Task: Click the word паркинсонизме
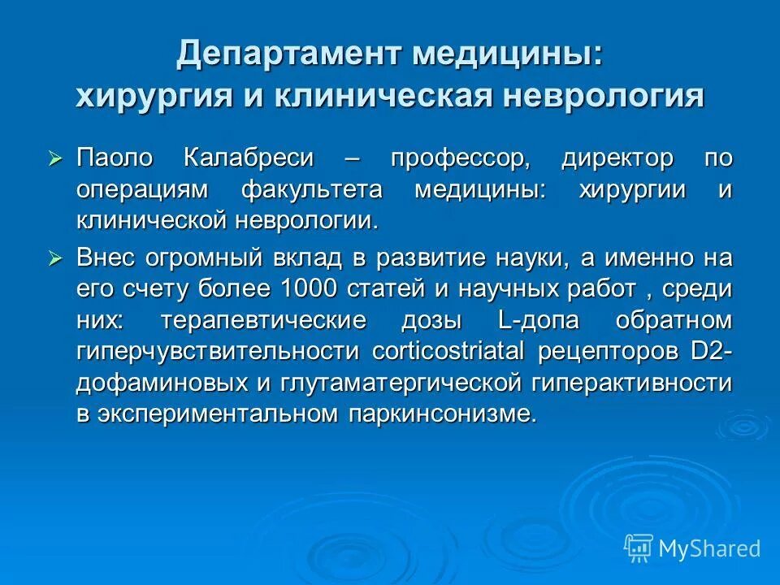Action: pos(443,412)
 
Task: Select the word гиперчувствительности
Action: pos(219,350)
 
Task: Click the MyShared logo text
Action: pos(709,548)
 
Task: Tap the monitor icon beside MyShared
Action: pos(639,548)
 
